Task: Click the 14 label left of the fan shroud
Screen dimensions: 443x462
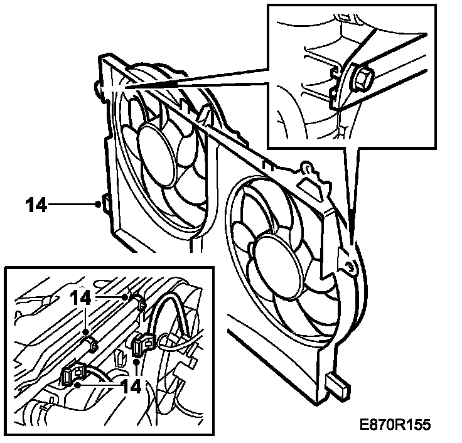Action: coord(36,205)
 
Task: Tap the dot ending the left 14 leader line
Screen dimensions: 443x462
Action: coord(99,203)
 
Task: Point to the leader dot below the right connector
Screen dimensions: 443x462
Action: coord(136,362)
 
